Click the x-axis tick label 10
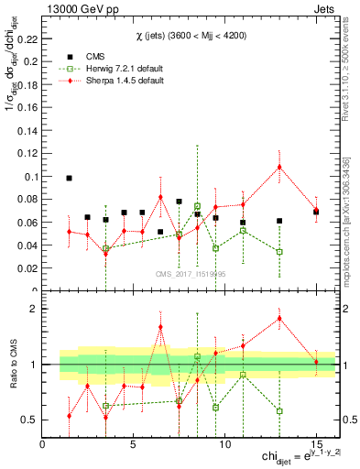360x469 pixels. point(224,445)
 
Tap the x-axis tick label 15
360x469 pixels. point(316,445)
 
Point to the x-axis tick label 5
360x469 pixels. point(134,445)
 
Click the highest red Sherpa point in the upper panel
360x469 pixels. point(279,167)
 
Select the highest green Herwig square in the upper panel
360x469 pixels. point(197,206)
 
